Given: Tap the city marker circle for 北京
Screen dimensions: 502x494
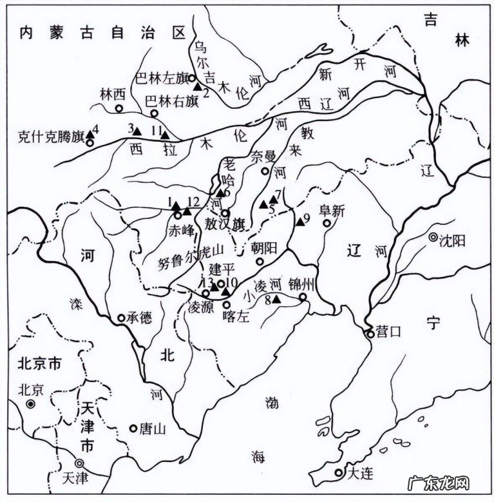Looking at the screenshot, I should click(x=30, y=404).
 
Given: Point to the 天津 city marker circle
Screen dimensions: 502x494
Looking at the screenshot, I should click(x=80, y=463).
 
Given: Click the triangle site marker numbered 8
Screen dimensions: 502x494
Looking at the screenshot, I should click(x=276, y=299).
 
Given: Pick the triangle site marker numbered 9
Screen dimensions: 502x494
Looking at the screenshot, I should click(x=300, y=222).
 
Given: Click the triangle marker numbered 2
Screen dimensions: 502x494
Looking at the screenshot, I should click(x=198, y=86).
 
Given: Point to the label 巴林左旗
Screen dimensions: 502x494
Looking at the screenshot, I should click(x=160, y=78).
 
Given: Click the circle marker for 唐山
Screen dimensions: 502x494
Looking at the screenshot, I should click(x=133, y=428).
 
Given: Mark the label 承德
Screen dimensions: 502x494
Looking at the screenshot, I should click(x=140, y=318).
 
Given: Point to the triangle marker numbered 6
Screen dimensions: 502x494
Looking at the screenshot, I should click(x=220, y=192).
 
